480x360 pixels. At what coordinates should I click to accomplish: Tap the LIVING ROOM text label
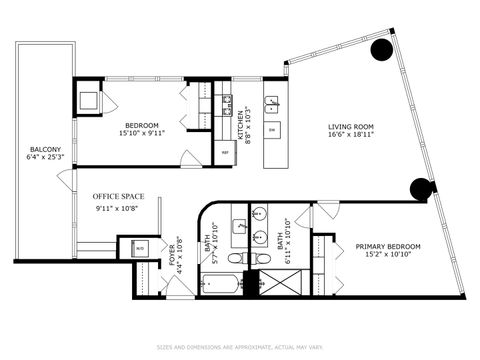351,127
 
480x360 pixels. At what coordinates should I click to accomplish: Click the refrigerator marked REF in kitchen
225,151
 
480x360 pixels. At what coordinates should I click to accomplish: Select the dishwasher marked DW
272,130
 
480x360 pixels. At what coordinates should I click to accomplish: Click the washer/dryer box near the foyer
138,249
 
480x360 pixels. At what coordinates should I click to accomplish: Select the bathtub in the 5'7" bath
220,283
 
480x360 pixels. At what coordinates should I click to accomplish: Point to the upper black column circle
381,51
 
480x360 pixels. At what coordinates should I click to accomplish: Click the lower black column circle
421,188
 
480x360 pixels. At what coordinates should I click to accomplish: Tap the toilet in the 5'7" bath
235,258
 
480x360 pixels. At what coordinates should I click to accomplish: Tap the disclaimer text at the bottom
240,348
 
